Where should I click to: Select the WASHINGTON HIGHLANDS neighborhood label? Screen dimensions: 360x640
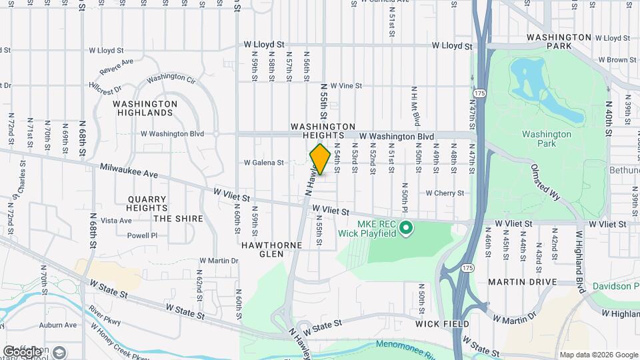pos(145,108)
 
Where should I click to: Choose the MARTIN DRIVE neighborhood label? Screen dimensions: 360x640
pos(522,282)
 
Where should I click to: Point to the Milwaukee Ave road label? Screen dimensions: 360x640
pos(129,171)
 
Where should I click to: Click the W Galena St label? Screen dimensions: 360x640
pos(264,162)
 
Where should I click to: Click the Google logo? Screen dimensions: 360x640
pos(22,351)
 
